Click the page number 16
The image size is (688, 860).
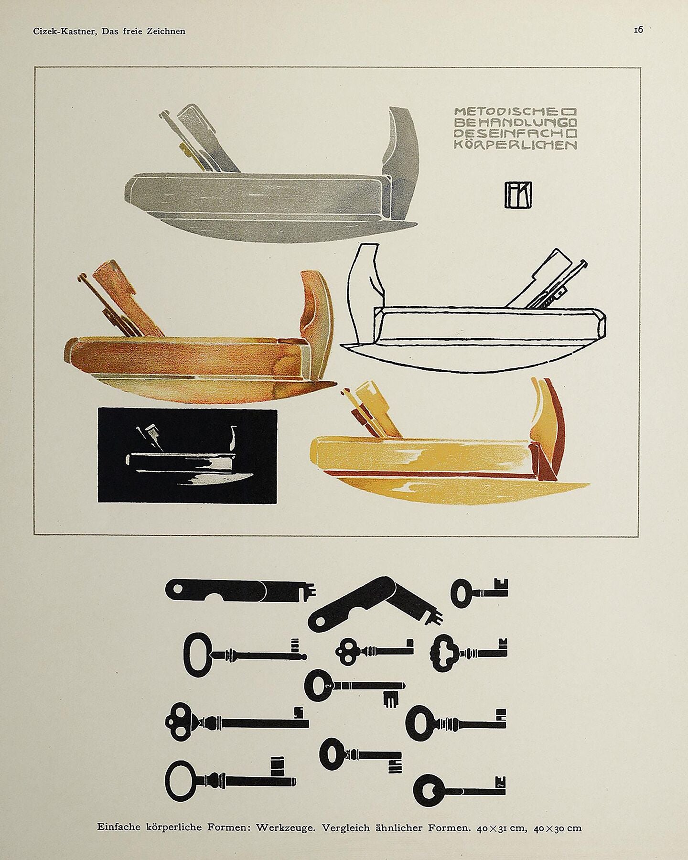click(638, 30)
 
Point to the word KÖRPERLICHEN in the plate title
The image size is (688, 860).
click(516, 145)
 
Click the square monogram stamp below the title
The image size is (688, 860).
click(518, 194)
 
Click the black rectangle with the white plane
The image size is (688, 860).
click(187, 455)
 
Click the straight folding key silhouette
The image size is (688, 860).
click(241, 590)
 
